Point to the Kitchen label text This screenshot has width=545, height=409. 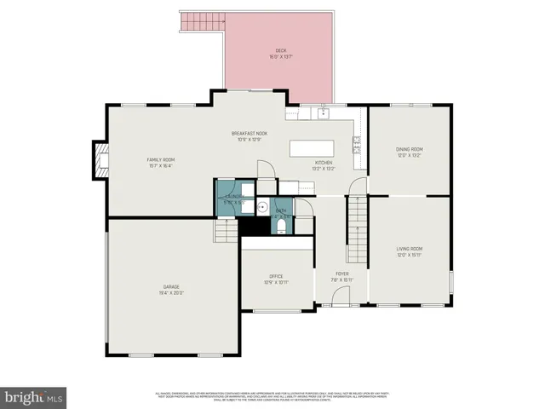pyautogui.click(x=324, y=165)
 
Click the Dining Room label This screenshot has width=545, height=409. pyautogui.click(x=409, y=152)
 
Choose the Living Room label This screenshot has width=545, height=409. pyautogui.click(x=409, y=251)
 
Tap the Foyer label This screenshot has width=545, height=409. pyautogui.click(x=342, y=276)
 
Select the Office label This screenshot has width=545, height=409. pyautogui.click(x=277, y=279)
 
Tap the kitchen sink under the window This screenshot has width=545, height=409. pyautogui.click(x=324, y=112)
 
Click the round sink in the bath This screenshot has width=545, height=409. pyautogui.click(x=264, y=205)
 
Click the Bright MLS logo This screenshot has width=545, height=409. pyautogui.click(x=34, y=396)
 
